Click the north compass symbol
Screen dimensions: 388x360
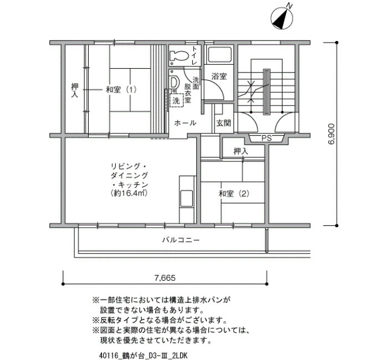point(282,17)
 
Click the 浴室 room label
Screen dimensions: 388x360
point(219,76)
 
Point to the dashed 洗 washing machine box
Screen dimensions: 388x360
point(176,100)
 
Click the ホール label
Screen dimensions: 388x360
point(185,123)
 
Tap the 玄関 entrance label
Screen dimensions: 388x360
point(224,123)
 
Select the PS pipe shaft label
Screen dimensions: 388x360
point(267,138)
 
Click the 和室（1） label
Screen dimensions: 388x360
point(121,89)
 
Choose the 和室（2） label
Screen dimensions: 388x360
point(234,194)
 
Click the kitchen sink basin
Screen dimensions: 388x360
point(186,198)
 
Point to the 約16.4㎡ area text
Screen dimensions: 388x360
point(129,193)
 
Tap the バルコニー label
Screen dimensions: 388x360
point(181,240)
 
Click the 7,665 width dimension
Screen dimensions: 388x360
point(165,278)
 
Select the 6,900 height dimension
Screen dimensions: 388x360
point(331,134)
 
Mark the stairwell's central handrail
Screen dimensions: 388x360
point(267,92)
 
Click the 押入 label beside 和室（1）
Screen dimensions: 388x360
point(75,90)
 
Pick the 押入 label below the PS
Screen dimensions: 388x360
point(241,151)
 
